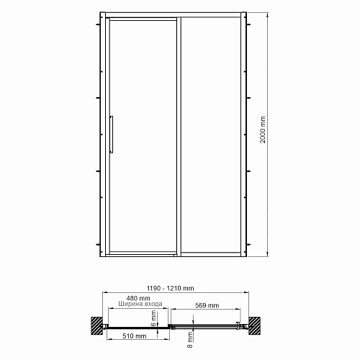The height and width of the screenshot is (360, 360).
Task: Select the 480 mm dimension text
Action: point(130,297)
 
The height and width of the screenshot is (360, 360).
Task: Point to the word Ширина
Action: point(120,305)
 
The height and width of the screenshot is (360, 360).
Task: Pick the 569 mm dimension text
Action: point(207,305)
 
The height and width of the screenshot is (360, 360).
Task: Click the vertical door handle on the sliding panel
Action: point(111,134)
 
